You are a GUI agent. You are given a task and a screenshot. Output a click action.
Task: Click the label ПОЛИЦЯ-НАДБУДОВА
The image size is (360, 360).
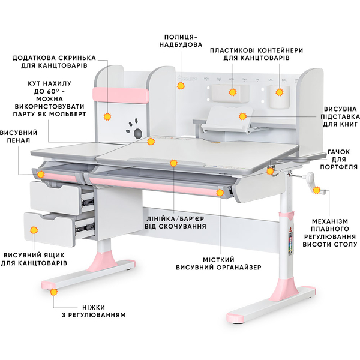coord(181,41)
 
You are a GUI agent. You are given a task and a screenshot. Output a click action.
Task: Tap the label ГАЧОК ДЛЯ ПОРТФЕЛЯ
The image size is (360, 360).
coord(339,159)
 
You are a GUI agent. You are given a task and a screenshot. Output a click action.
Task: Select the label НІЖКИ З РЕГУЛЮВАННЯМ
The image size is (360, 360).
coord(94,311)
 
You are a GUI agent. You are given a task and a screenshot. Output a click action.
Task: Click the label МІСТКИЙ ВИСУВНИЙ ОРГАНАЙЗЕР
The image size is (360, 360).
coord(218,263)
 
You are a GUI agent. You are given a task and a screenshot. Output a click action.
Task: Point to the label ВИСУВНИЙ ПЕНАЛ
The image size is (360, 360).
coord(19,136)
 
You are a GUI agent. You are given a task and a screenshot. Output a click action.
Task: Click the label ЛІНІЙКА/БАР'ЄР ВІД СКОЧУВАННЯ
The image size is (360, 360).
coord(175,222)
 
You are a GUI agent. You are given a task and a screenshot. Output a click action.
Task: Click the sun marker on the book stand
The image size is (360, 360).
coord(242,116)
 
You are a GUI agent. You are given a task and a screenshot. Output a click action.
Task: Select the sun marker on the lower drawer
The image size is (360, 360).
coord(34,230)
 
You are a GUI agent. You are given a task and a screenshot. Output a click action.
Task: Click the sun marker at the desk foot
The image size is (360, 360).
coord(54,292)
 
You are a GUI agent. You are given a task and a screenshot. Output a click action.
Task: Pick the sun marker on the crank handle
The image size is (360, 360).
coord(317,190)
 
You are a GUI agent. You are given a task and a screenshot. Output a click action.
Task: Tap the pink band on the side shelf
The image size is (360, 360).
coord(121,95)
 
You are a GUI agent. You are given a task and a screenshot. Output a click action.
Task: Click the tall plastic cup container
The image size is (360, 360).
coord(280,97)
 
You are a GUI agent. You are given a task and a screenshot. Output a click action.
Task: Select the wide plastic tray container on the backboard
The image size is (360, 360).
coord(230,93)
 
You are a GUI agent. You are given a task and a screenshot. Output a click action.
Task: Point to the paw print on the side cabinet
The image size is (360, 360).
coord(134,130)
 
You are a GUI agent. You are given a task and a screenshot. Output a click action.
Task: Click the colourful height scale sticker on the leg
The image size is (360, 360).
coord(291,242)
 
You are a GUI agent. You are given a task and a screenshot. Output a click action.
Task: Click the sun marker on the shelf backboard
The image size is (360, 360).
coord(181,86)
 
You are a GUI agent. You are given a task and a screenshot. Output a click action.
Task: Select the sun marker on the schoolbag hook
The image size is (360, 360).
coord(270,171)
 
